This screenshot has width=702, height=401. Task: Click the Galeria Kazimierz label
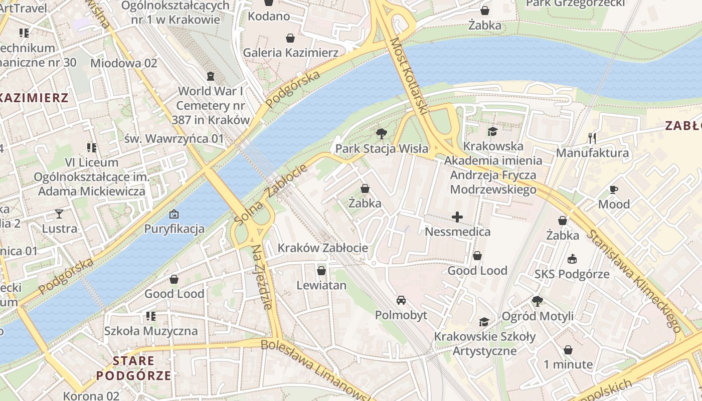[x=290, y=52]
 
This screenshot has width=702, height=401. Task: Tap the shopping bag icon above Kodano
[x=269, y=3]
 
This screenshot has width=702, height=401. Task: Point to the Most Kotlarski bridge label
[x=408, y=76]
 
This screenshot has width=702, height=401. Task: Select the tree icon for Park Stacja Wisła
[x=382, y=134]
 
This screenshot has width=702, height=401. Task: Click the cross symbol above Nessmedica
[x=457, y=217]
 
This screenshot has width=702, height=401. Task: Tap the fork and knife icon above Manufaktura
[x=592, y=138]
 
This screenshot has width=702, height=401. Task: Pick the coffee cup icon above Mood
[x=614, y=189]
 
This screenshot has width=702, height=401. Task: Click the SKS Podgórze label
[x=572, y=274]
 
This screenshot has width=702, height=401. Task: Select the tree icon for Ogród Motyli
[x=538, y=301]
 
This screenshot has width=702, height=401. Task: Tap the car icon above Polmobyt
[x=401, y=300]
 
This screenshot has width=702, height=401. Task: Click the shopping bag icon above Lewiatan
[x=321, y=271]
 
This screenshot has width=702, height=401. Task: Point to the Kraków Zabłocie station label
[x=322, y=248]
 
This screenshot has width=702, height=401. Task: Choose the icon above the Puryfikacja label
[x=174, y=214]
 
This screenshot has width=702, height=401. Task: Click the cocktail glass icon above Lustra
[x=59, y=214]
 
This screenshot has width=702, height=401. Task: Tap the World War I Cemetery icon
[x=210, y=76]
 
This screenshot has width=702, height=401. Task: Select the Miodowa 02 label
[x=123, y=63]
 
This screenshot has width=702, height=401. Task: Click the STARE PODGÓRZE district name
[x=133, y=368]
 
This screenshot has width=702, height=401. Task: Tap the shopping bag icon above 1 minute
[x=568, y=349]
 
